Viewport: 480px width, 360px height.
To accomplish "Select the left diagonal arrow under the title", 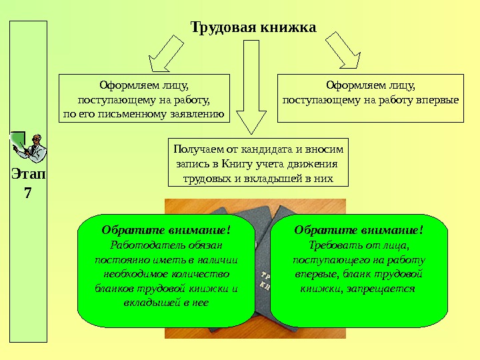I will pos(165,53).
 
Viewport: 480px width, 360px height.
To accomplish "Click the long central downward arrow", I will pos(251,87).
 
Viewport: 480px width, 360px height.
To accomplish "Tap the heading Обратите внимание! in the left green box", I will pos(166,230).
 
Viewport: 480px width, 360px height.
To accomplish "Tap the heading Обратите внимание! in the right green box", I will pos(359,230).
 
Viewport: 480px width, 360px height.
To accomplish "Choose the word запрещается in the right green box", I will pos(385,289).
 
